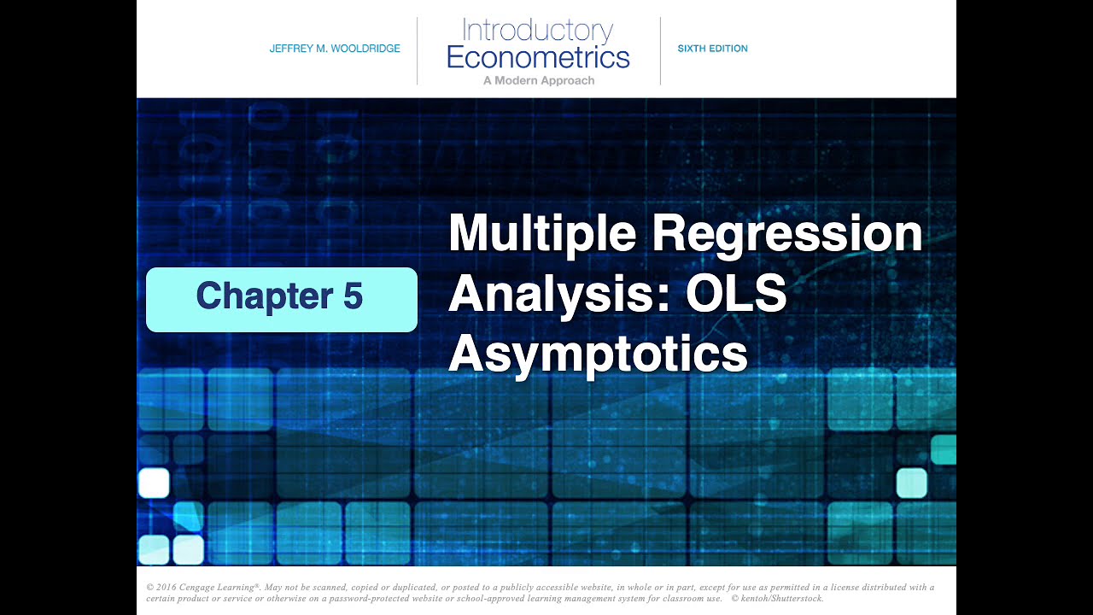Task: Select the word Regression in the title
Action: pyautogui.click(x=786, y=233)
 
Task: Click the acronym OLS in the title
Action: pyautogui.click(x=736, y=294)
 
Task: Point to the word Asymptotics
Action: pyautogui.click(x=598, y=353)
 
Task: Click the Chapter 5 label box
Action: pyautogui.click(x=281, y=299)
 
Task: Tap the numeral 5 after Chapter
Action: pyautogui.click(x=353, y=296)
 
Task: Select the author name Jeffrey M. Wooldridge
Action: pyautogui.click(x=335, y=49)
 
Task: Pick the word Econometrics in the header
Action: pyautogui.click(x=538, y=57)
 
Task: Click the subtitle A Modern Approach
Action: pyautogui.click(x=538, y=80)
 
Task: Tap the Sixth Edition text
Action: pyautogui.click(x=712, y=49)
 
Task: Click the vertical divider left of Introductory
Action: pyautogui.click(x=417, y=51)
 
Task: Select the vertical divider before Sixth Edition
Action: pyautogui.click(x=660, y=51)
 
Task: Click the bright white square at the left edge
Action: pyautogui.click(x=154, y=483)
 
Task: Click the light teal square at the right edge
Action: pyautogui.click(x=911, y=483)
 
